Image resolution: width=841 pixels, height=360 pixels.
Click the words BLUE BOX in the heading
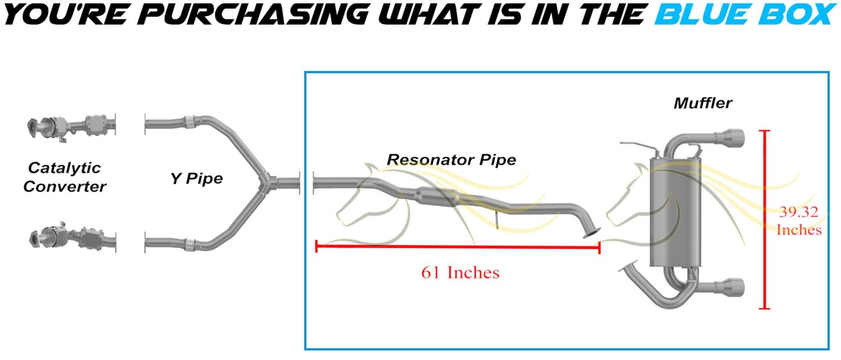[745, 14]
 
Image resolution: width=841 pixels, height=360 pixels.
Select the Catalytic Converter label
[65, 177]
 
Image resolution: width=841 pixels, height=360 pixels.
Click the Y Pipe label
[197, 178]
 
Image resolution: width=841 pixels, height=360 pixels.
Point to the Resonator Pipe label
[452, 160]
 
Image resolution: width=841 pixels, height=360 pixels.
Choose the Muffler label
[703, 103]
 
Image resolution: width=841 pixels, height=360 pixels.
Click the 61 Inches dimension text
[460, 273]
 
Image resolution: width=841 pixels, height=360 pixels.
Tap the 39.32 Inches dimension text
[799, 221]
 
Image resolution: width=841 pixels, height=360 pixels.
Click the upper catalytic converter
[71, 126]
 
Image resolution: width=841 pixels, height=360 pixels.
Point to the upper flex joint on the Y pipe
[190, 121]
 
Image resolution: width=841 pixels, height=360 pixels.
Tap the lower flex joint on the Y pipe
[190, 245]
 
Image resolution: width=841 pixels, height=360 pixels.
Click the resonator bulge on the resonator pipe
[437, 197]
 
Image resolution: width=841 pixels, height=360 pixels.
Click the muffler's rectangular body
[675, 212]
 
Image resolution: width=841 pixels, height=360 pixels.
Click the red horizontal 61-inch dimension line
[458, 247]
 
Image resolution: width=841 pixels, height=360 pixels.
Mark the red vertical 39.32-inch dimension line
[764, 220]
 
